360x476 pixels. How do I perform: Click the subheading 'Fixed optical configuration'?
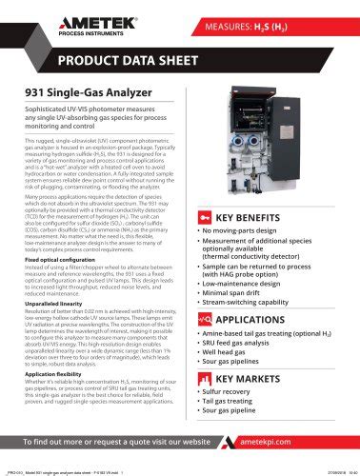click(69, 259)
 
